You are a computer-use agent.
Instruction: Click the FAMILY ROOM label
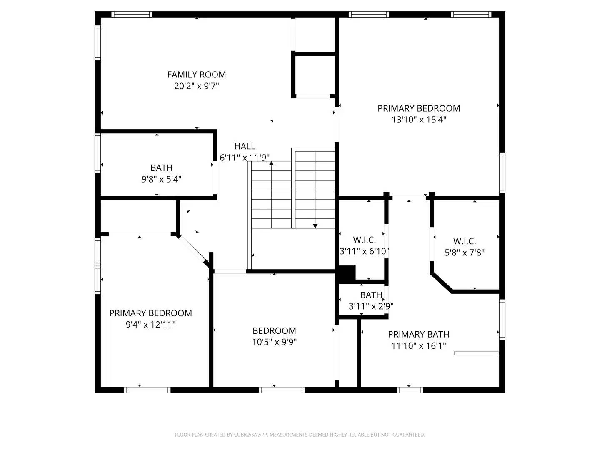point(196,75)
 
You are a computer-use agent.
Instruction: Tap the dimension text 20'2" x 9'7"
point(196,86)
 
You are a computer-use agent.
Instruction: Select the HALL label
point(245,146)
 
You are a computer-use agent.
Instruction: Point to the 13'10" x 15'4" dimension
point(419,120)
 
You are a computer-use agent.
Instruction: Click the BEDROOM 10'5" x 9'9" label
point(274,331)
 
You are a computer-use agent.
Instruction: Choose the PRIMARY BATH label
point(418,334)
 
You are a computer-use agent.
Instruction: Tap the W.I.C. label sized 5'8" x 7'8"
point(464,241)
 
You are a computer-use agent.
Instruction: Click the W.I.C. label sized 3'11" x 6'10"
point(364,240)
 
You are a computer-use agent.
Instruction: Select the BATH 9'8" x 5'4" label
point(161,168)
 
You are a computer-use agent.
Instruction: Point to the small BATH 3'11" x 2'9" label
point(371,295)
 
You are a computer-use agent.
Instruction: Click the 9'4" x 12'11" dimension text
point(150,325)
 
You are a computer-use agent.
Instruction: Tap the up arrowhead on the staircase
point(271,163)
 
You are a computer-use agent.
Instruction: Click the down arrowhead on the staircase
point(315,226)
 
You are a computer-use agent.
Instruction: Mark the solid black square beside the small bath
point(347,273)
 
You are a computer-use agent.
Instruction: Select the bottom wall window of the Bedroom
point(282,390)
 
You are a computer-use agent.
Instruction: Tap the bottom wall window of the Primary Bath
point(410,390)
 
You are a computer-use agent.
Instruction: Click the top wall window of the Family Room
point(132,15)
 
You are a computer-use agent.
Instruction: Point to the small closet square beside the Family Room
point(315,75)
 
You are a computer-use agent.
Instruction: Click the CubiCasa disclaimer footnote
point(300,435)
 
